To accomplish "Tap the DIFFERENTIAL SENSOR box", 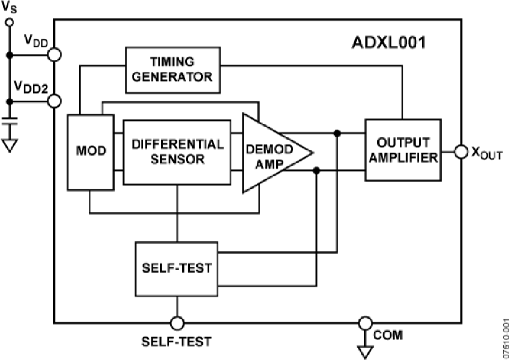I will pyautogui.click(x=176, y=151).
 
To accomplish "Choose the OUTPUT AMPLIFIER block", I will pyautogui.click(x=402, y=150).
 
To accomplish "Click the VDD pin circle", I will pyautogui.click(x=54, y=54).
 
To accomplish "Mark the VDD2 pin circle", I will pyautogui.click(x=54, y=101).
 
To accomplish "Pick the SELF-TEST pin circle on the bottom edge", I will pyautogui.click(x=177, y=323).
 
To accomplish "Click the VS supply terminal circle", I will pyautogui.click(x=9, y=22).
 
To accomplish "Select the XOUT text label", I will pyautogui.click(x=486, y=154).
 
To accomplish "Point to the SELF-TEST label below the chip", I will pyautogui.click(x=177, y=341).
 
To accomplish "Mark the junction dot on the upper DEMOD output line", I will pyautogui.click(x=337, y=133).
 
